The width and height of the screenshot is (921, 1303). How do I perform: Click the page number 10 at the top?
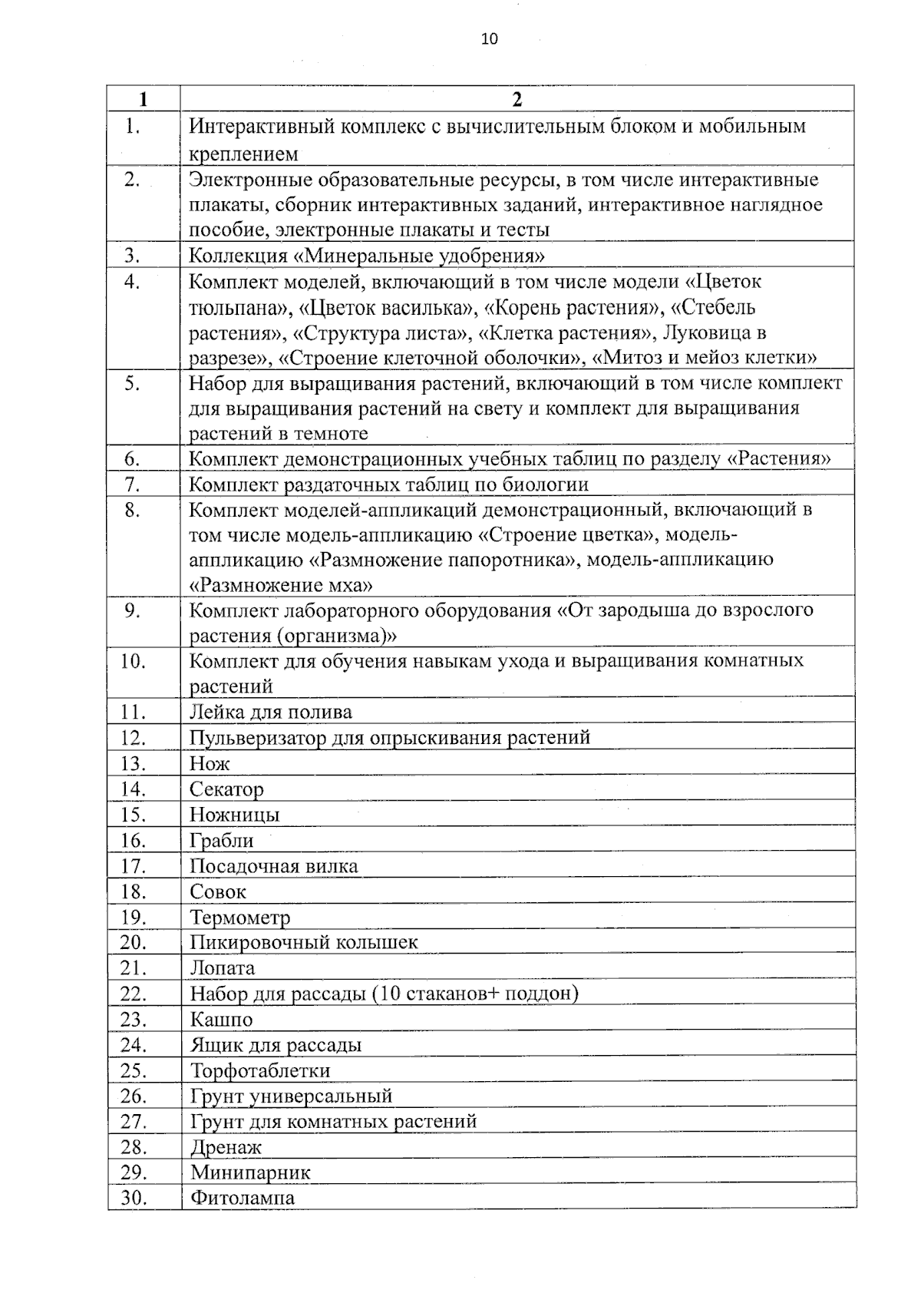[489, 39]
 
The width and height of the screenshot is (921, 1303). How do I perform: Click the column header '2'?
[517, 99]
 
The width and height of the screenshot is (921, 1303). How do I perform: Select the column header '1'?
[144, 99]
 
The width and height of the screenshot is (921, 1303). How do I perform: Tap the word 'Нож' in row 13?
[210, 764]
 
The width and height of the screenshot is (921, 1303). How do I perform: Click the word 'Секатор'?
[226, 789]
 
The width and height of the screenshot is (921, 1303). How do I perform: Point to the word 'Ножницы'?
[234, 815]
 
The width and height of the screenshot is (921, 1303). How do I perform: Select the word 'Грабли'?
[222, 841]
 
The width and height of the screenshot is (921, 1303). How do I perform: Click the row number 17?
[133, 866]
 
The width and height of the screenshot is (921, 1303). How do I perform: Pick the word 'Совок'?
[218, 892]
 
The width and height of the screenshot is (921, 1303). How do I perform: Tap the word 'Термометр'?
[239, 918]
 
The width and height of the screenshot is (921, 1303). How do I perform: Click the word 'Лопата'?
[222, 968]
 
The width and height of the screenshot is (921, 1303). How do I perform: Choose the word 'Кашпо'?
[221, 1020]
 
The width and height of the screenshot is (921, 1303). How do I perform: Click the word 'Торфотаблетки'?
[259, 1070]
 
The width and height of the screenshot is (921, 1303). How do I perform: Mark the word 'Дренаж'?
[226, 1147]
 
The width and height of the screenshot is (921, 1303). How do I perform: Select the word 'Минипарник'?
[250, 1172]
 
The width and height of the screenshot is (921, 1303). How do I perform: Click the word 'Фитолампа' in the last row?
[242, 1198]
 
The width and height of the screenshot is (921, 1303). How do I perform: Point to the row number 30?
[133, 1198]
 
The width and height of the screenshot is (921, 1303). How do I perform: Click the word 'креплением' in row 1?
[243, 154]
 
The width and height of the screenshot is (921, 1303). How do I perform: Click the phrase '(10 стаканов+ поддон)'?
[475, 994]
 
